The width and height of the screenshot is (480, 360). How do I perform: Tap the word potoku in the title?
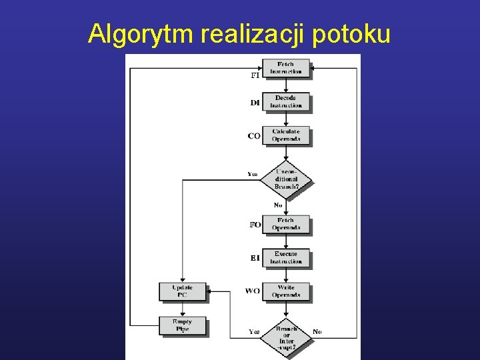[350, 33]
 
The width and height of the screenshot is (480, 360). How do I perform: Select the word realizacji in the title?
[254, 33]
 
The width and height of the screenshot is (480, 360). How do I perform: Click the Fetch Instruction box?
[285, 68]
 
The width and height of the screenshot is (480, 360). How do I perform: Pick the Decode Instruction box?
[285, 101]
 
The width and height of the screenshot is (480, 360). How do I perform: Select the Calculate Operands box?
[285, 135]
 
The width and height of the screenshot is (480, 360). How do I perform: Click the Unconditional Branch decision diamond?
[286, 179]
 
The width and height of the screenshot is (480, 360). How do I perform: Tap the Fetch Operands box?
[285, 223]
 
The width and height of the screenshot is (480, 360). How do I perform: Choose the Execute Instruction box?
[285, 257]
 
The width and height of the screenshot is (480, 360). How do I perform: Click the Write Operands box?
[285, 291]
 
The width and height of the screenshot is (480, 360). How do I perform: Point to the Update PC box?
[182, 291]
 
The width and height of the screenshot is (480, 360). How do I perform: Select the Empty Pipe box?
[182, 325]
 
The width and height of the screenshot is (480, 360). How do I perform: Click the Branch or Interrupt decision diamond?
[286, 337]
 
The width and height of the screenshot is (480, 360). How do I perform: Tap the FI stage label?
[255, 75]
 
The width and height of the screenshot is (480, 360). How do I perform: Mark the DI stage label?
[255, 103]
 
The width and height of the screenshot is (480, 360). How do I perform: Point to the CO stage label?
[254, 136]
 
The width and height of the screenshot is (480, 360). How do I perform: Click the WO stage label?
[253, 291]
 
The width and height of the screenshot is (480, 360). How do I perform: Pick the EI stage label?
[255, 258]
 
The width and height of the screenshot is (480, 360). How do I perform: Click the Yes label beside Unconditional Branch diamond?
[253, 174]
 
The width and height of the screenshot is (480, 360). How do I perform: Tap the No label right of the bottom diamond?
[317, 331]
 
